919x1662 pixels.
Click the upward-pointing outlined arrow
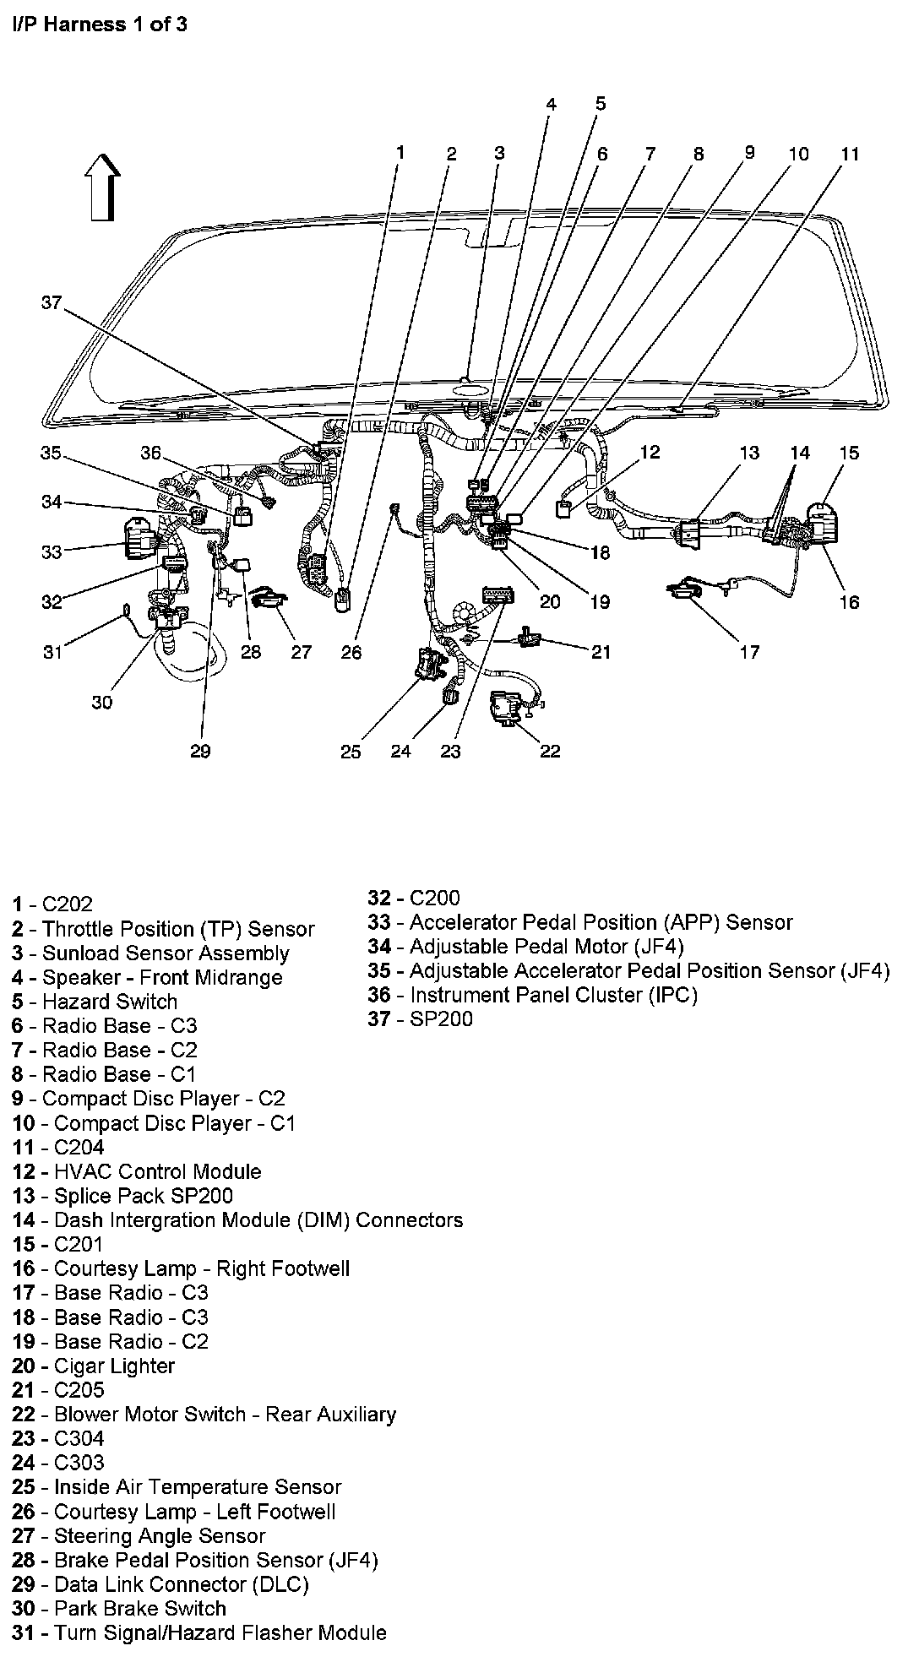(x=104, y=187)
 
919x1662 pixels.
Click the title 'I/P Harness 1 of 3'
(x=100, y=24)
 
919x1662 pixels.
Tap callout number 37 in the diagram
(x=52, y=302)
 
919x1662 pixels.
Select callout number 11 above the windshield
(x=850, y=154)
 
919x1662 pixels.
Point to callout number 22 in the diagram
(x=550, y=751)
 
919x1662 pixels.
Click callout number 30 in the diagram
(x=101, y=702)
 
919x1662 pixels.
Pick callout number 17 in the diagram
(x=749, y=651)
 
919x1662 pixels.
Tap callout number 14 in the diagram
(x=799, y=453)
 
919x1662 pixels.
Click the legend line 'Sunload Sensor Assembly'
(x=151, y=953)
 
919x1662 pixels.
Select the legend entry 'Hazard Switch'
(x=95, y=1002)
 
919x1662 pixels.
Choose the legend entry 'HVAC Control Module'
(x=138, y=1171)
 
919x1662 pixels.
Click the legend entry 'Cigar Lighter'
(x=94, y=1366)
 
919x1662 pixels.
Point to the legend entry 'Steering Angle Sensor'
(x=139, y=1536)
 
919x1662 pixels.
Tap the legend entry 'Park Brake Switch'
(x=120, y=1609)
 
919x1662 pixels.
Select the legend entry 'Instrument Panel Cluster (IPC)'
(x=533, y=995)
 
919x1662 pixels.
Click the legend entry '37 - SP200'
(x=420, y=1018)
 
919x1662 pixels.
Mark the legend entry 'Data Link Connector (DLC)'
(x=160, y=1584)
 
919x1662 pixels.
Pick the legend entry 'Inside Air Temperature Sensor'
(x=177, y=1487)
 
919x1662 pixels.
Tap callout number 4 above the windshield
(x=551, y=105)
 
